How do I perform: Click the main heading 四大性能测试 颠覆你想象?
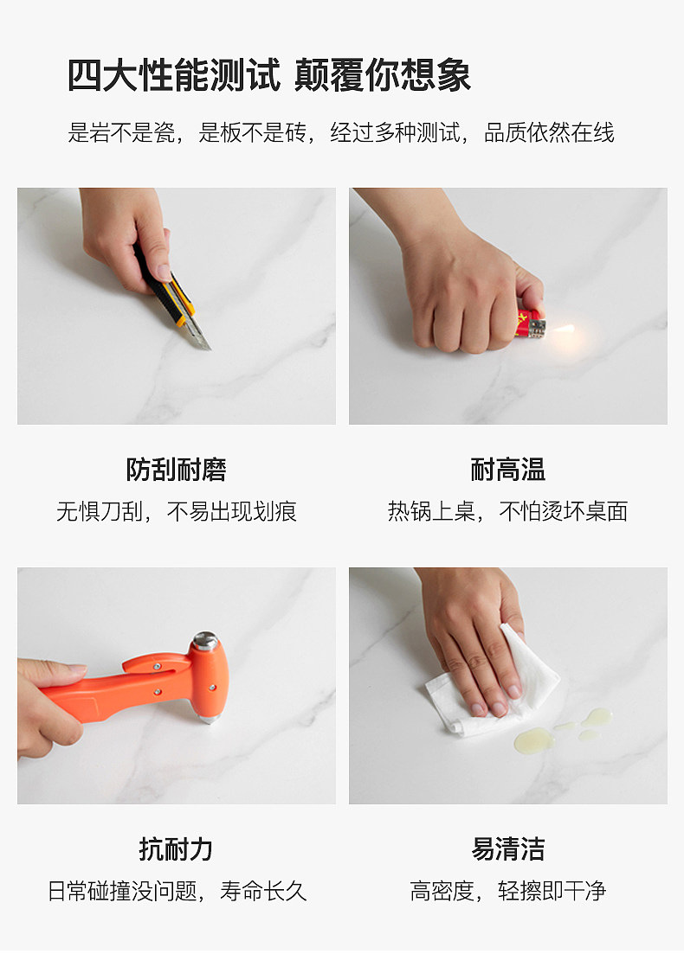(269, 75)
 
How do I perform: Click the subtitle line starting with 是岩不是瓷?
(341, 132)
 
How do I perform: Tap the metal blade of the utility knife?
(198, 336)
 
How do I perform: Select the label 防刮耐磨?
(176, 470)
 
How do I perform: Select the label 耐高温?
(507, 470)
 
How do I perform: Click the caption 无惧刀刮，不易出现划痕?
(176, 511)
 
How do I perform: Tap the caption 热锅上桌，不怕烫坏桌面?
(507, 511)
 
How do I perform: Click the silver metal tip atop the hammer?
(204, 641)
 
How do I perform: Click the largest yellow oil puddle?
(532, 740)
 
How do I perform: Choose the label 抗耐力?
(176, 848)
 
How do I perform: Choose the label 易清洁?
(507, 848)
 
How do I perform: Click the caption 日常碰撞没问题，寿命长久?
(176, 891)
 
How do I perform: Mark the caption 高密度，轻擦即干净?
(507, 891)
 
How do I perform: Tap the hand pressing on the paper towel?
(472, 640)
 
